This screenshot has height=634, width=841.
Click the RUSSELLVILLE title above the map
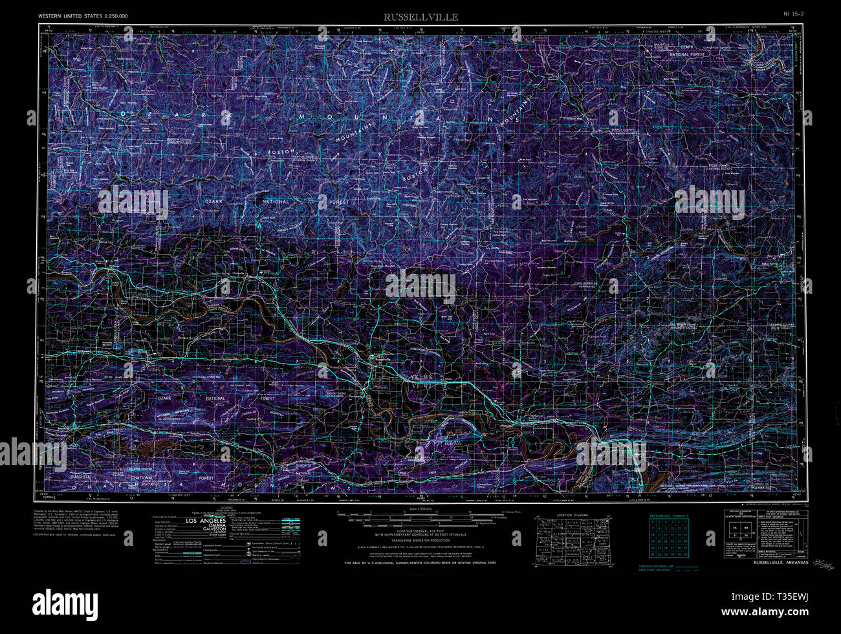[x=420, y=17]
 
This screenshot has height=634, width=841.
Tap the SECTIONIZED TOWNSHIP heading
[x=669, y=516]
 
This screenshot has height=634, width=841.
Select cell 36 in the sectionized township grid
[x=685, y=554]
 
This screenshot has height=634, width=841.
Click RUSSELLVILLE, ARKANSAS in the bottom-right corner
[x=781, y=562]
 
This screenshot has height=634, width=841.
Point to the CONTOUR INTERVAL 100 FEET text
[x=420, y=530]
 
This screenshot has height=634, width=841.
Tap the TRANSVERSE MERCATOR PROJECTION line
[x=420, y=540]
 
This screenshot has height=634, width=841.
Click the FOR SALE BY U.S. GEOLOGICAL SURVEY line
[x=420, y=563]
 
